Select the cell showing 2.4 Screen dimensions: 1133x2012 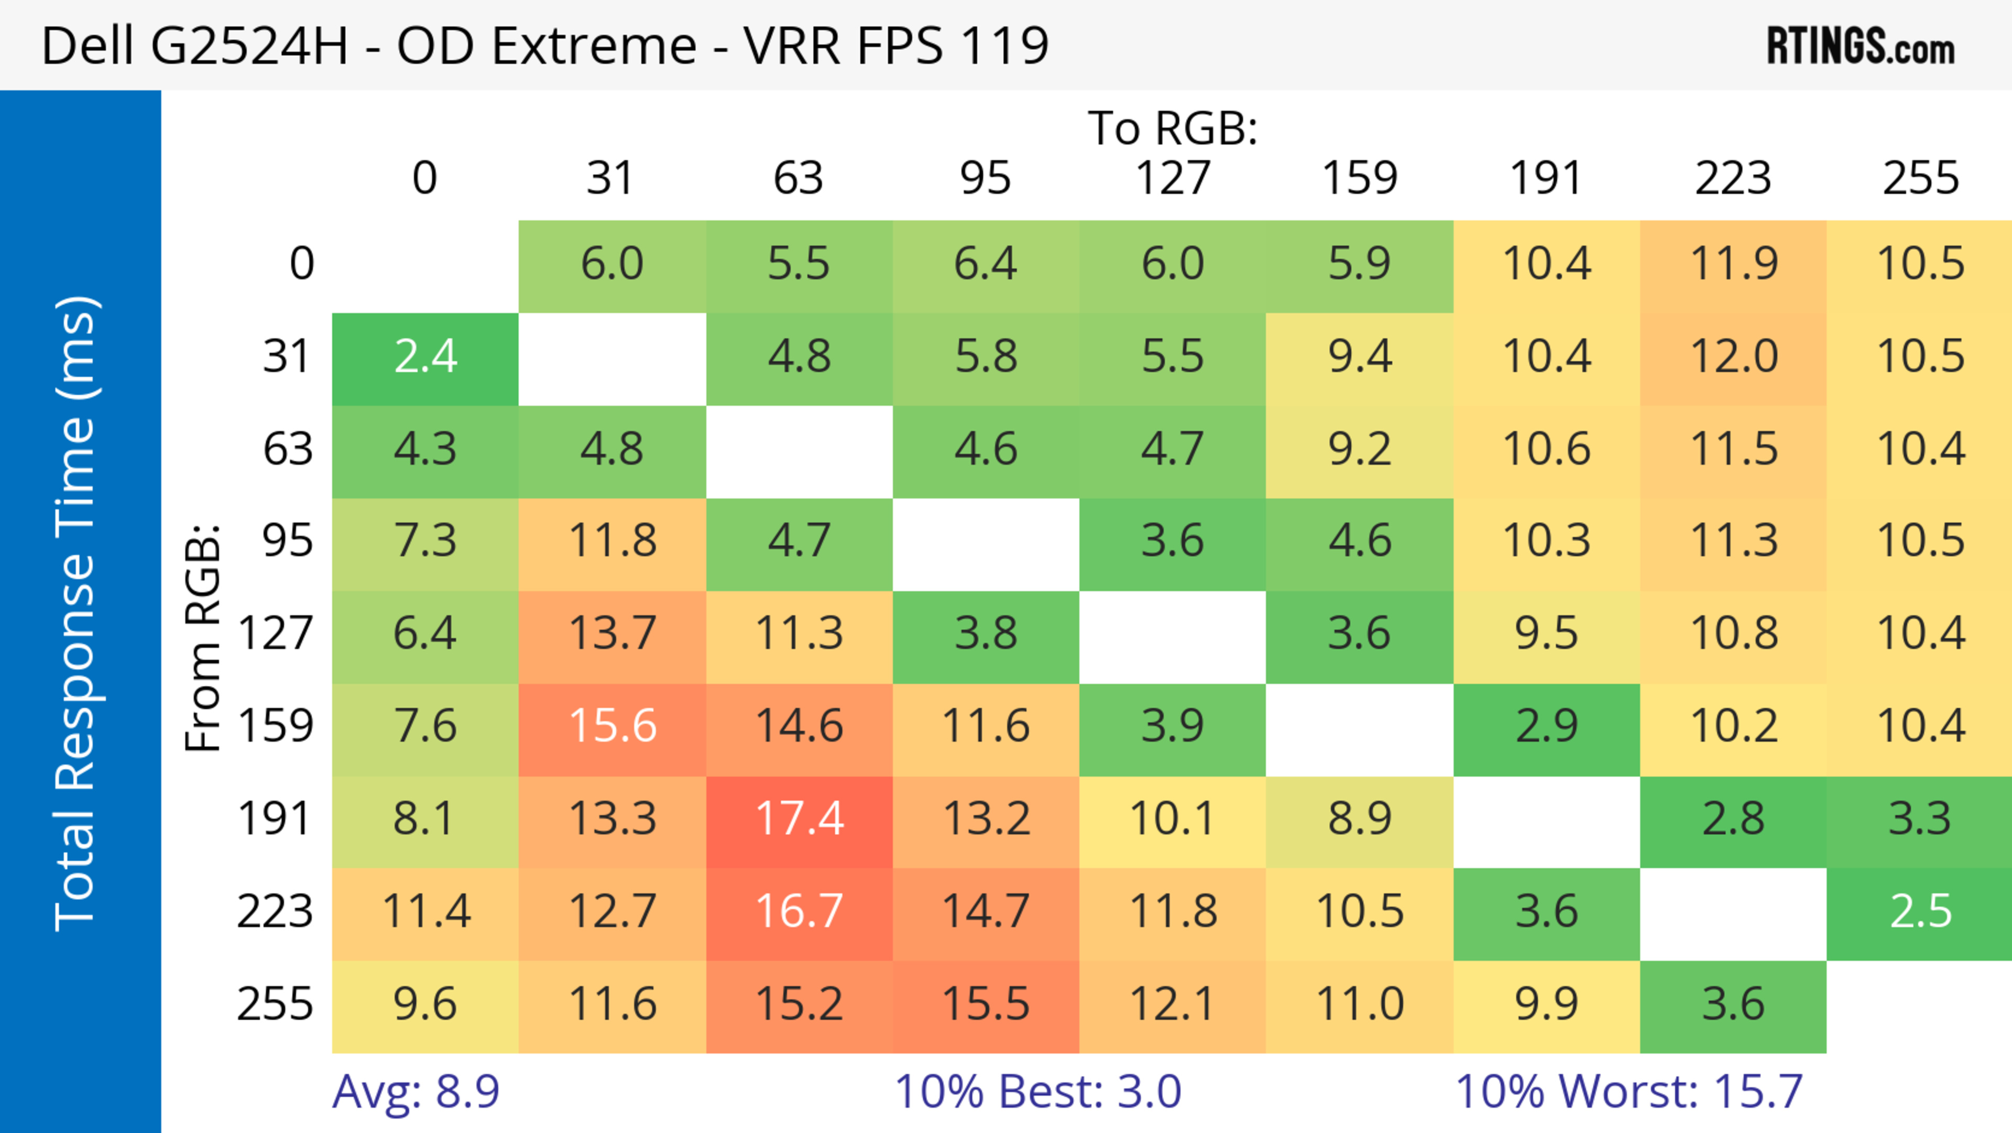tap(425, 357)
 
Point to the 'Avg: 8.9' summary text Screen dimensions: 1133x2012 tap(415, 1091)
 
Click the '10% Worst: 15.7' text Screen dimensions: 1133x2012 tap(1628, 1091)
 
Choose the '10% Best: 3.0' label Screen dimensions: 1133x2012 tap(1037, 1091)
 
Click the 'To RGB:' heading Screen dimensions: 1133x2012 tap(1173, 128)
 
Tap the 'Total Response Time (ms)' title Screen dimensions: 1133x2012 tap(76, 613)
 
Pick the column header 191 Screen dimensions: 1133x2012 tap(1546, 178)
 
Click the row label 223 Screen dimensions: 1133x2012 tap(275, 911)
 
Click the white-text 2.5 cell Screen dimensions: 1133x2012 tap(1920, 911)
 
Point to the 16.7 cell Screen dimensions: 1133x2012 tap(799, 911)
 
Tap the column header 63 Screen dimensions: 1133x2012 tap(798, 178)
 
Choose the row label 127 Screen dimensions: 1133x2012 tap(275, 633)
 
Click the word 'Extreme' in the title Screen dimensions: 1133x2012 tap(594, 45)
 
